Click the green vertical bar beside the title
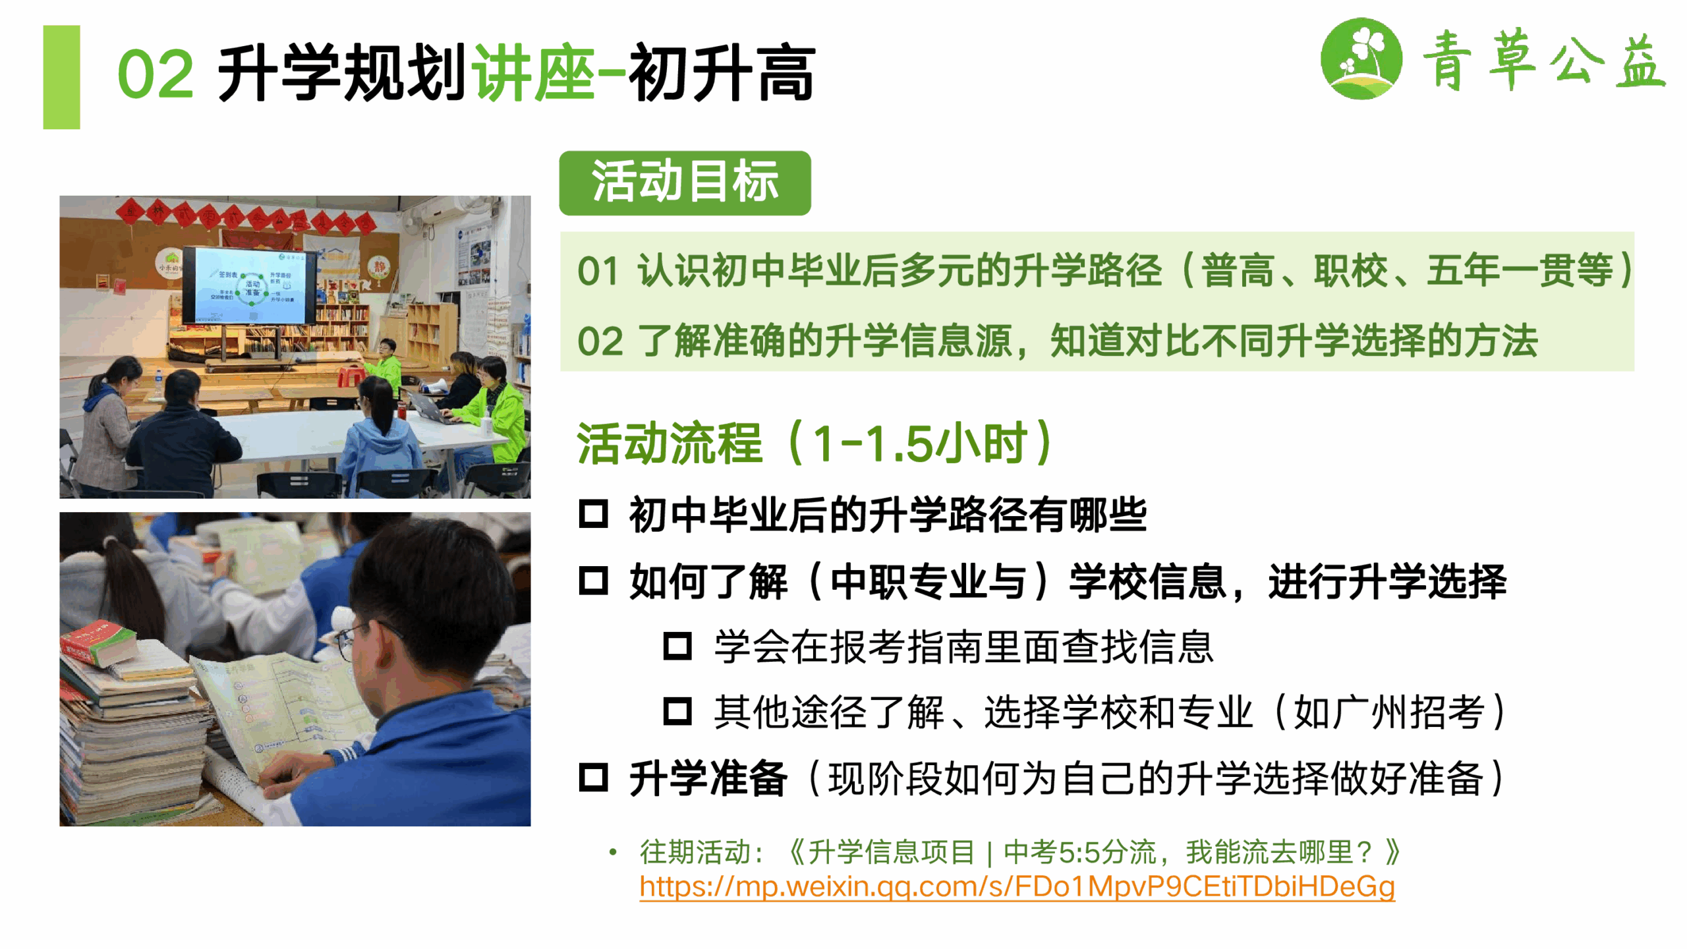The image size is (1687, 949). tap(61, 77)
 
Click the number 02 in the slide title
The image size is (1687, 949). tap(156, 74)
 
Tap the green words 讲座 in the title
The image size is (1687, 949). tap(534, 72)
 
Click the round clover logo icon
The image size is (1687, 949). tap(1361, 58)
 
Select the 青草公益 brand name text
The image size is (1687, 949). tap(1543, 59)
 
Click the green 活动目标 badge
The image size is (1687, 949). tap(685, 183)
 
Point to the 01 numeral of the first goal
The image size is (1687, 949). tap(598, 271)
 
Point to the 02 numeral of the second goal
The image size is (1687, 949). tap(599, 341)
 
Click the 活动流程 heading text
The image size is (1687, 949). tap(670, 443)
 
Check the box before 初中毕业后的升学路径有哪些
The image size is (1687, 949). tap(593, 514)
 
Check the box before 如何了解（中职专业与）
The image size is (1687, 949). tap(593, 581)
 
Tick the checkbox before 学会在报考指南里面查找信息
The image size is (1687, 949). tap(677, 646)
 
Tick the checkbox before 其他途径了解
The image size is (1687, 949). tap(677, 711)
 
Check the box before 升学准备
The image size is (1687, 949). tap(593, 777)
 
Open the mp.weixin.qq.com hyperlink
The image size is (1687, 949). tap(1017, 886)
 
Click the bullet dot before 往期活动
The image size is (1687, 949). tap(613, 852)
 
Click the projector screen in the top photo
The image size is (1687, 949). tap(249, 285)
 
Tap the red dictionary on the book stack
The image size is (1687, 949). tap(99, 643)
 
